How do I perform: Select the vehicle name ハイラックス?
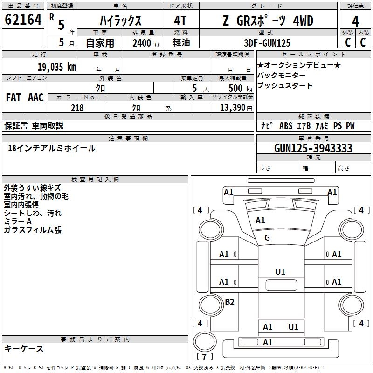coord(121,21)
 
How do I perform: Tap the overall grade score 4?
coord(356,21)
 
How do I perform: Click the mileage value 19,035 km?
coord(56,67)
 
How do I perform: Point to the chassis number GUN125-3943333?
coord(313,148)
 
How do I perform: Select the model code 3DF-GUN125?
coord(267,43)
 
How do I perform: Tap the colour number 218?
coord(77,108)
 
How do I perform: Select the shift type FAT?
coord(14,97)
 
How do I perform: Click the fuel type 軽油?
coord(181,43)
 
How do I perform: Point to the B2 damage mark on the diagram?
coord(229,302)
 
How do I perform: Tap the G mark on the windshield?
coord(267,238)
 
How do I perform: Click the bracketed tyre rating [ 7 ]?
coord(205,357)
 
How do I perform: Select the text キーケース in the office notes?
coord(24,348)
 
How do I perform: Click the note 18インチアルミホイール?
coord(52,148)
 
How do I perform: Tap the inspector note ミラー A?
coord(18,221)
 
